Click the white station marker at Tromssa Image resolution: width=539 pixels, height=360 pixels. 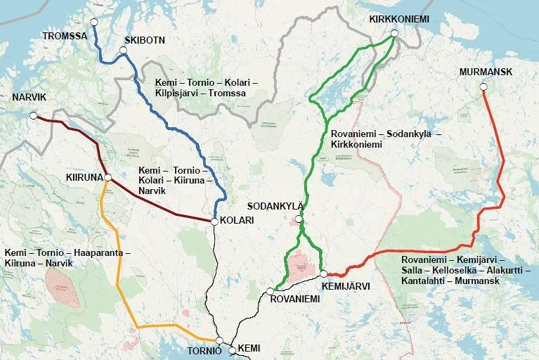coord(93,21)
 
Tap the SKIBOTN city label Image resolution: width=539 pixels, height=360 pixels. coord(144,40)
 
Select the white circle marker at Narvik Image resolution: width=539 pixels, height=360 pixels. coord(33,116)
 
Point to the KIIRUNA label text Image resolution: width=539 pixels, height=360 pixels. coord(84,176)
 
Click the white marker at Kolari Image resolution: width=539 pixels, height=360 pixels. coord(214,221)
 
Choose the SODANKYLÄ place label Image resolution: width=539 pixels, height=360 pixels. coord(275,206)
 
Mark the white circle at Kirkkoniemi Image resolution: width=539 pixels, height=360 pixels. coord(394,33)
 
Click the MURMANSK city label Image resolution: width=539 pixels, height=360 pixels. coord(486,72)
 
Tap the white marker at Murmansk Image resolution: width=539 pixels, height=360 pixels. coord(483,87)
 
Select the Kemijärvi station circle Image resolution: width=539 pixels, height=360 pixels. coord(323,274)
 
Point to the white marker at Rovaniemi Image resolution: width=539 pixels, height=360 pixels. coord(270,291)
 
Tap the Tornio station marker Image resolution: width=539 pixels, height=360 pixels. coord(219,340)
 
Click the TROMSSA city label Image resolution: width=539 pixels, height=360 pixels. coord(65,35)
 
